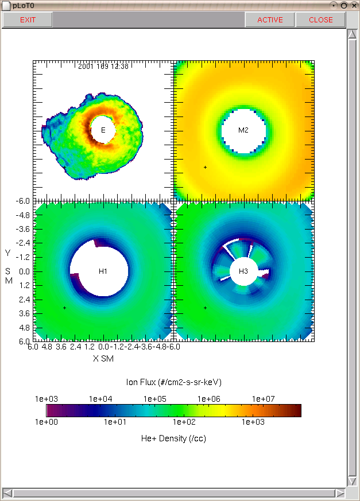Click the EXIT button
pos(28,20)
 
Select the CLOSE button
pos(321,20)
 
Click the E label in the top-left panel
pos(103,130)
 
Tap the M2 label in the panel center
pos(243,130)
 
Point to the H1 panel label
pos(103,271)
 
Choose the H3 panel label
pos(243,271)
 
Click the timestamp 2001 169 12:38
pos(103,66)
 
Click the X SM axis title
pos(103,359)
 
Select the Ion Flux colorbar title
pos(173,382)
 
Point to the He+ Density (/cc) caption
pos(173,438)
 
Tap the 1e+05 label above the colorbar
pos(155,399)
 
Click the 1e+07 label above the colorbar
pos(263,399)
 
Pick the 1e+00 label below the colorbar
pos(47,422)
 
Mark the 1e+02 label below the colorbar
pos(184,422)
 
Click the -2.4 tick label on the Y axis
pos(23,243)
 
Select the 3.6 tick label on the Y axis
pos(24,313)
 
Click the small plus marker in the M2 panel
pos(205,167)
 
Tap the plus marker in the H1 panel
pos(64,308)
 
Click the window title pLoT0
pos(24,6)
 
